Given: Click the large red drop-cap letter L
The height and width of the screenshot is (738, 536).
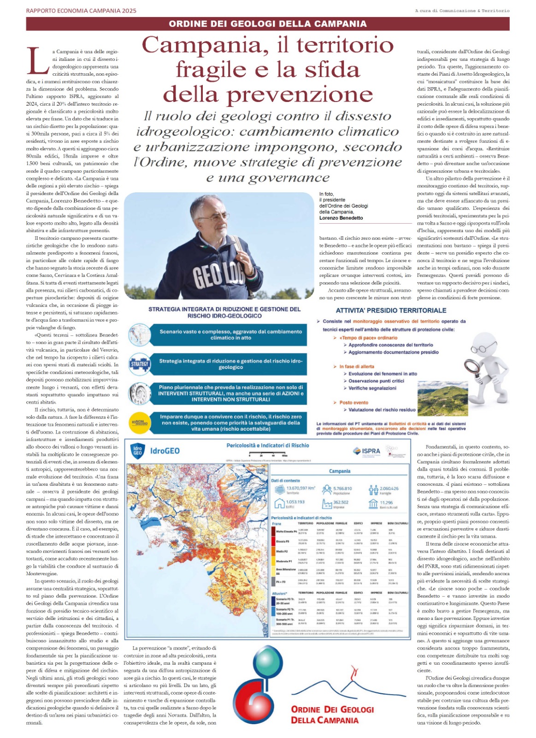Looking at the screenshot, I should (38, 60).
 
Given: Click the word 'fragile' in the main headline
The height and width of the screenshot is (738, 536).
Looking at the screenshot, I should (212, 70).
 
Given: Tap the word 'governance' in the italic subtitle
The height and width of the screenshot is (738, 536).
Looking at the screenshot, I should (268, 178).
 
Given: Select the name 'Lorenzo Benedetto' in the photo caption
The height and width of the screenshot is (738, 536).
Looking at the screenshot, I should (341, 218).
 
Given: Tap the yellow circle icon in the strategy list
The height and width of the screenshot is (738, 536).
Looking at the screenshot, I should (139, 422).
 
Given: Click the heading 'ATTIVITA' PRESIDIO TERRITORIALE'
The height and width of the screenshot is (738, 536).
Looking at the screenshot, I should (391, 310).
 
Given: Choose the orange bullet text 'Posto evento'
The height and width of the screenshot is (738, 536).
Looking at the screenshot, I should (353, 402).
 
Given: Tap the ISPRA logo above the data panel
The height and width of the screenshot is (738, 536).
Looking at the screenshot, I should (367, 451).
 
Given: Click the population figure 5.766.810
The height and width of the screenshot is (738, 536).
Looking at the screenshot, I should (342, 488).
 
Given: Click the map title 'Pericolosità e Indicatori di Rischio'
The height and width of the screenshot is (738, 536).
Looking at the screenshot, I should (268, 446).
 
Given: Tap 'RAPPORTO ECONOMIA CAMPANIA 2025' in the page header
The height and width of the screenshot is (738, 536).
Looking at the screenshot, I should (81, 11).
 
